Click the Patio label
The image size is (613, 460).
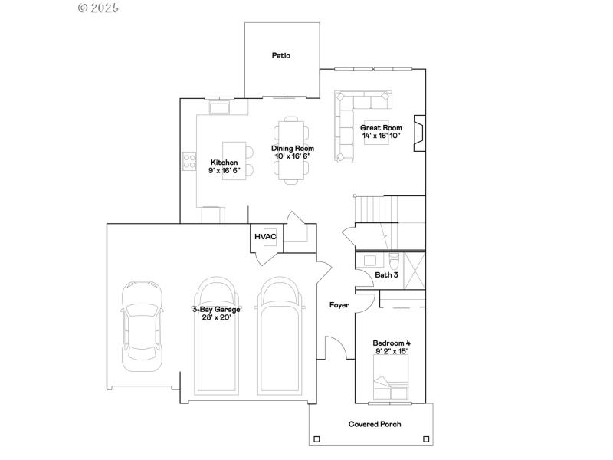click(x=281, y=55)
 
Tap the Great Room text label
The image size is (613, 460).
click(x=381, y=128)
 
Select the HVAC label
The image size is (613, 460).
click(x=265, y=237)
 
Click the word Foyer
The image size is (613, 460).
click(x=339, y=305)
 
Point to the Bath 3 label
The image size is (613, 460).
click(x=386, y=274)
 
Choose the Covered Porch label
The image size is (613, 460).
click(x=375, y=424)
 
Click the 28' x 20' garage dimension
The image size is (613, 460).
click(x=216, y=317)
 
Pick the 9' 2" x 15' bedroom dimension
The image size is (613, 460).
click(x=390, y=350)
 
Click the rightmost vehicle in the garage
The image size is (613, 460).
click(x=280, y=336)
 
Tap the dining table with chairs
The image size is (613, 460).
click(x=291, y=150)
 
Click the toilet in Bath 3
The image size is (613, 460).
click(x=394, y=258)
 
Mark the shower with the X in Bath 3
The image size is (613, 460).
click(x=415, y=268)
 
